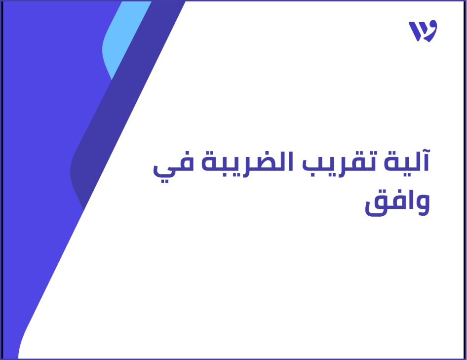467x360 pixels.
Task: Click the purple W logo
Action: coord(423,31)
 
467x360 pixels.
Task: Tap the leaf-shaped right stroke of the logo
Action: coord(430,31)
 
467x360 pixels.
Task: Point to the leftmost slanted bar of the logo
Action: coord(413,31)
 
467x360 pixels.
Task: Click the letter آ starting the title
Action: coord(426,162)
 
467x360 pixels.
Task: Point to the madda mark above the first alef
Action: coord(426,150)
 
